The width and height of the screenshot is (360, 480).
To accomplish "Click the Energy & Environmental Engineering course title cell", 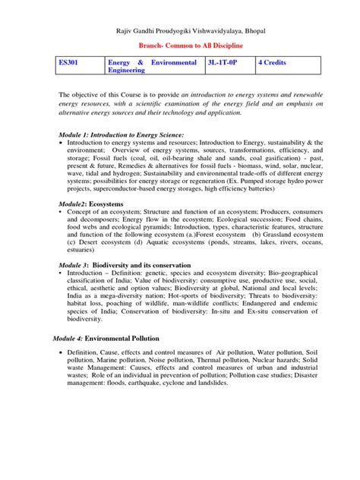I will pos(152,65).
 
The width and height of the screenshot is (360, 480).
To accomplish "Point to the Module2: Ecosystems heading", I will pos(97,204).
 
